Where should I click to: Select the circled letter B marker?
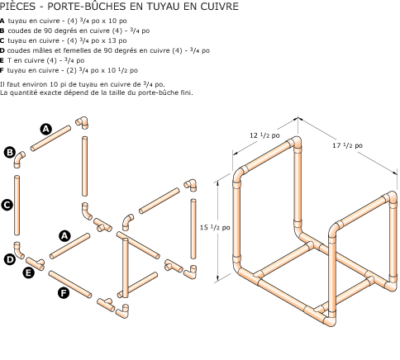point(10,153)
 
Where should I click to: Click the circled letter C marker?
point(6,205)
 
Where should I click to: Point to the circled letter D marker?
point(9,258)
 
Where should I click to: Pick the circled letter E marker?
point(28,272)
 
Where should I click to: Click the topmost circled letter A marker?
point(46,128)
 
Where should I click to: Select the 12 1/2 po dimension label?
point(265,135)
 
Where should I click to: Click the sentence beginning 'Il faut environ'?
point(83,84)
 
